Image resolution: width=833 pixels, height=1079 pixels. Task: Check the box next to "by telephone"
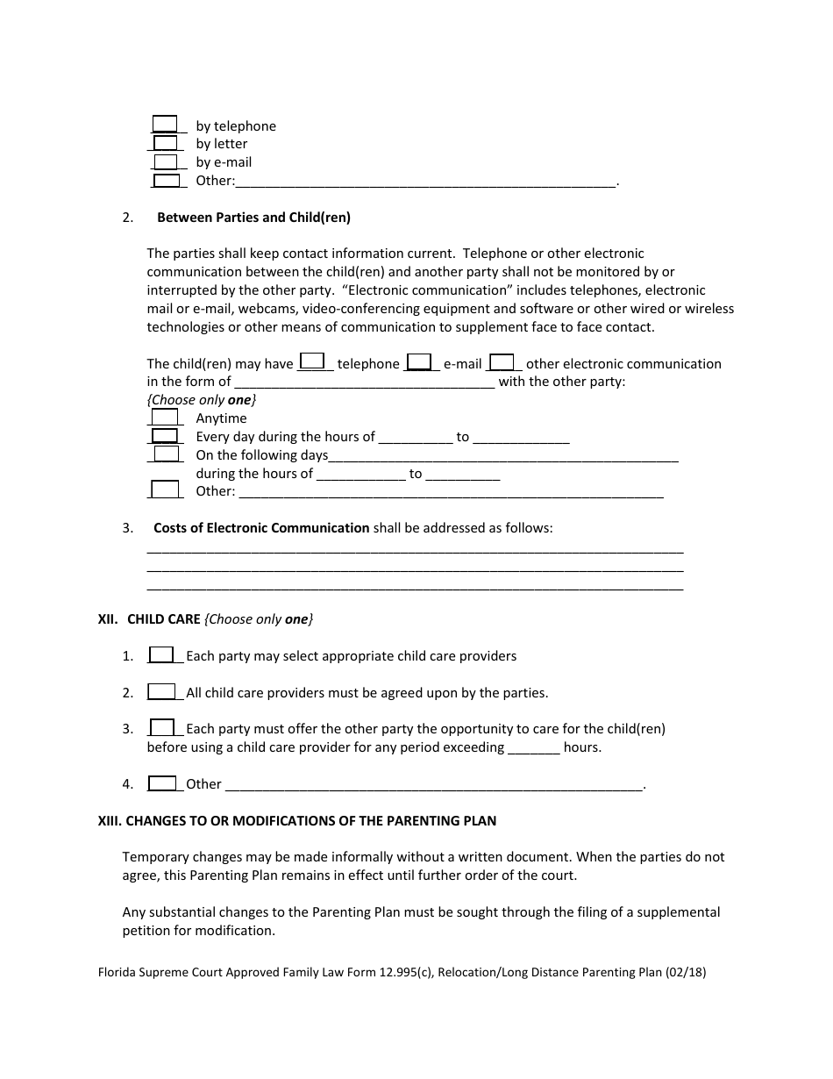pyautogui.click(x=165, y=125)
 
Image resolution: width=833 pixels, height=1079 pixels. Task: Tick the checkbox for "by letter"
pyautogui.click(x=165, y=143)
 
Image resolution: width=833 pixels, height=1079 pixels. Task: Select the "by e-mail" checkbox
pyautogui.click(x=165, y=161)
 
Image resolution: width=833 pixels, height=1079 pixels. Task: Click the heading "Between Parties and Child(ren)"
pyautogui.click(x=253, y=217)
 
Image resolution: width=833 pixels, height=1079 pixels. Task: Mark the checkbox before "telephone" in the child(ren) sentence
pyautogui.click(x=313, y=361)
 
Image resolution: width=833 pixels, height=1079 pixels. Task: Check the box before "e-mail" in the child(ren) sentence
pyautogui.click(x=419, y=361)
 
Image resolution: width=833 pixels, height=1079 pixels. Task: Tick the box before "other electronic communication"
pyautogui.click(x=502, y=361)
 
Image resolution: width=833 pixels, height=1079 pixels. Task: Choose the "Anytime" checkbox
pyautogui.click(x=165, y=418)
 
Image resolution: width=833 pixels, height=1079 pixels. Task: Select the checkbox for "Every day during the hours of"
pyautogui.click(x=165, y=436)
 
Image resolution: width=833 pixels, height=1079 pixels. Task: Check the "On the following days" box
pyautogui.click(x=166, y=454)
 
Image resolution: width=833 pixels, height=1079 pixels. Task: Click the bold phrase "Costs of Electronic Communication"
pyautogui.click(x=261, y=528)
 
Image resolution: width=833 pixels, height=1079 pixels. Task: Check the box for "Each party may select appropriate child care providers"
pyautogui.click(x=161, y=655)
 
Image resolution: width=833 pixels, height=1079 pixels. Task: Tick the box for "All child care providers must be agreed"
pyautogui.click(x=161, y=692)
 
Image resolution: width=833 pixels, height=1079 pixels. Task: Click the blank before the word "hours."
pyautogui.click(x=533, y=748)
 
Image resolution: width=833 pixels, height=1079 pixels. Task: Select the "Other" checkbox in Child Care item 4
pyautogui.click(x=161, y=783)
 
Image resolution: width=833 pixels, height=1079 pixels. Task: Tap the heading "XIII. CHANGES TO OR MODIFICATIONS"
pyautogui.click(x=296, y=821)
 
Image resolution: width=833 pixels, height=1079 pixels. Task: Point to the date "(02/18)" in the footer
pyautogui.click(x=686, y=973)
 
